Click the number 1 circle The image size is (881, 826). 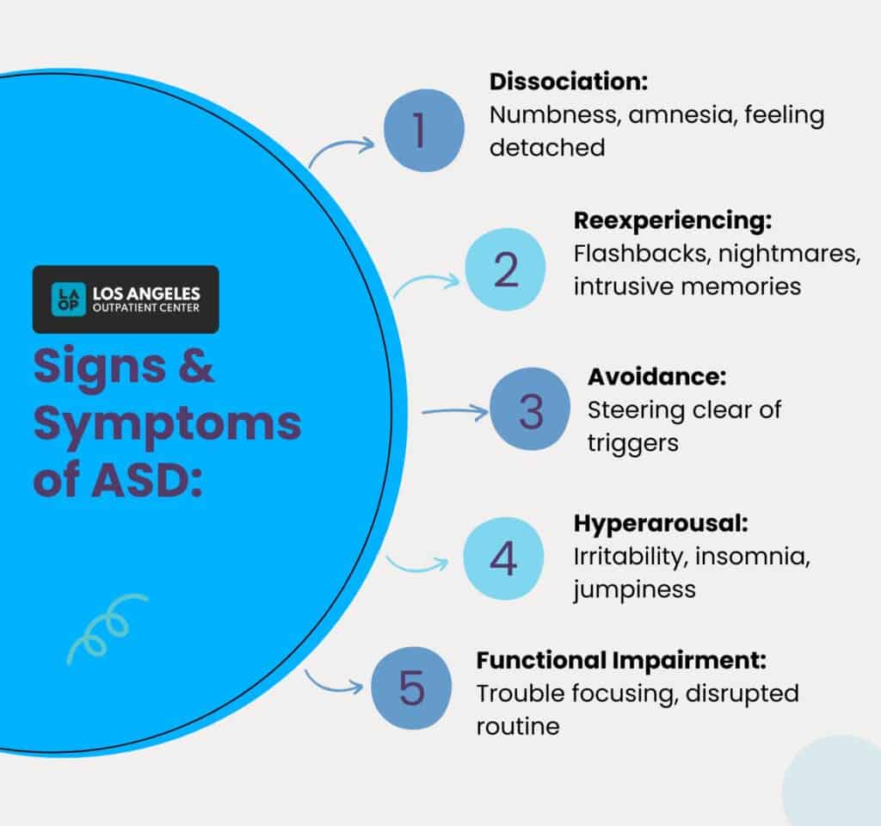point(418,133)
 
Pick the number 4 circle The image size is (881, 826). point(503,558)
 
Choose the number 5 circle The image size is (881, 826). point(411,689)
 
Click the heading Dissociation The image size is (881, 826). point(568,83)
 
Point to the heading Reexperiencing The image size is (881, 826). point(672,220)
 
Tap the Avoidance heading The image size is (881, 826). point(657,376)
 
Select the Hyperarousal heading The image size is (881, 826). point(660,524)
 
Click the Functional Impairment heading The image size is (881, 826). point(621,661)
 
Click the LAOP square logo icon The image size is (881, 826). point(68,299)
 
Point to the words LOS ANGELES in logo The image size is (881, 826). point(145,293)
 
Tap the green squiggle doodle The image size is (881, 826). point(106,628)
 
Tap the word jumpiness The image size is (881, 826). point(634,589)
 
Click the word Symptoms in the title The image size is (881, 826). point(167,424)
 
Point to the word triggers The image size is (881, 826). point(633,442)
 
